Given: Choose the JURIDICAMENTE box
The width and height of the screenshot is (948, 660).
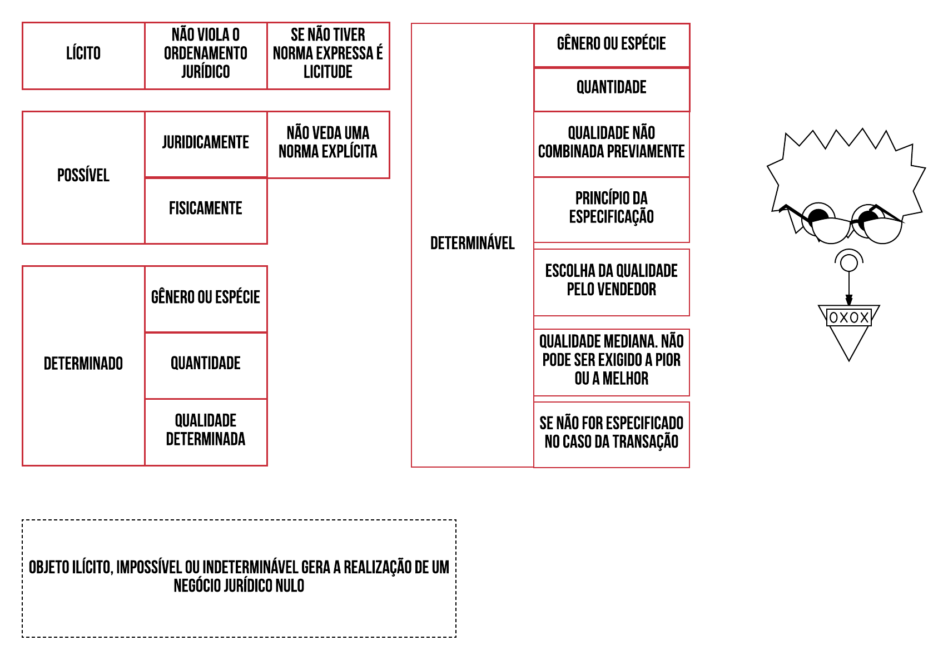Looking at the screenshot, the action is [x=206, y=143].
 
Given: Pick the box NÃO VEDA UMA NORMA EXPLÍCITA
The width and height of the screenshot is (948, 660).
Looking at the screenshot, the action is [x=328, y=143].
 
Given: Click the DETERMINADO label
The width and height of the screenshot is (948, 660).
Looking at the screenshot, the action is [x=83, y=364].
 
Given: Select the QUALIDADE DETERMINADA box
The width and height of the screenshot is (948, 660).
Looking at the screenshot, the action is [x=206, y=430].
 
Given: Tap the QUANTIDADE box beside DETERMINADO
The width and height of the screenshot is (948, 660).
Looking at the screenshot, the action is [x=206, y=364].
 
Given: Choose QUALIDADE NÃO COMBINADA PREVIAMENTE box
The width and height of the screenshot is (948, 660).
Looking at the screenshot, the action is [x=611, y=143].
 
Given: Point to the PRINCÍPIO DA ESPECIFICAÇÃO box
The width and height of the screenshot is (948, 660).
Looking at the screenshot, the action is [x=611, y=208].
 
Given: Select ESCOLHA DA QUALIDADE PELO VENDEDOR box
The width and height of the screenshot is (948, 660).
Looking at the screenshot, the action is [x=611, y=281].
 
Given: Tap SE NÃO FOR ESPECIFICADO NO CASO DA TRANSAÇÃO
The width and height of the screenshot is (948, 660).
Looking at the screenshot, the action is [x=611, y=433].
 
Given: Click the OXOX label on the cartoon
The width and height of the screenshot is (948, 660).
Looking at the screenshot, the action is [x=848, y=318].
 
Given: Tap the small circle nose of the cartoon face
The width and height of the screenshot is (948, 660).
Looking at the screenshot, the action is [x=848, y=262].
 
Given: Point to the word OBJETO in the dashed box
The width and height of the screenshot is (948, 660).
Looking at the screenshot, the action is [x=48, y=568].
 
